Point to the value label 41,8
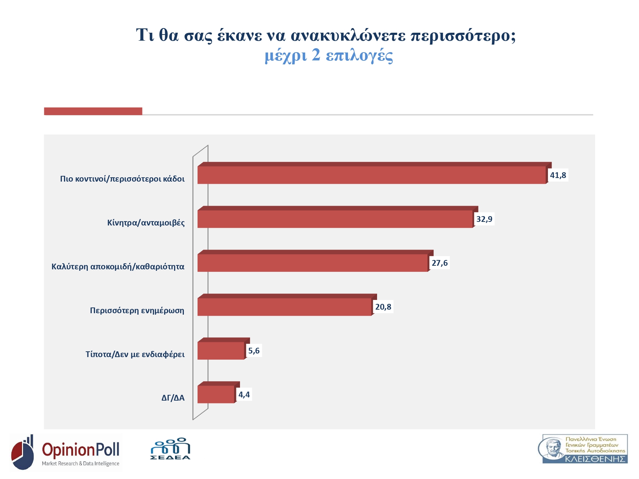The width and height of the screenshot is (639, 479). [x=558, y=175]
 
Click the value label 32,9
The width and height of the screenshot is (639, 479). [x=484, y=219]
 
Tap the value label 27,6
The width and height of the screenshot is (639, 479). [x=440, y=263]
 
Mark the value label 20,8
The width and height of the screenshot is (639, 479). [x=383, y=307]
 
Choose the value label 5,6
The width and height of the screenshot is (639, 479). [x=254, y=351]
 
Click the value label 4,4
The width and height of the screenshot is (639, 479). [x=244, y=394]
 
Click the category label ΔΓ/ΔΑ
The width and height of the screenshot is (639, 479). [x=173, y=398]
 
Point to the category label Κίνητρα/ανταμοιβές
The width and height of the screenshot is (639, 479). [x=146, y=223]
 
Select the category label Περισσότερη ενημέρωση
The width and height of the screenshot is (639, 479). [x=137, y=310]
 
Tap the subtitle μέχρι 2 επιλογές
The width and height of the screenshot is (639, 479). [x=329, y=55]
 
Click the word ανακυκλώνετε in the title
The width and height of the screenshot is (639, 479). [x=348, y=35]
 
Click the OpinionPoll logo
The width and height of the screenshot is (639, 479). [x=65, y=452]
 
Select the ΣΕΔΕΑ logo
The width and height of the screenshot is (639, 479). [x=170, y=449]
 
